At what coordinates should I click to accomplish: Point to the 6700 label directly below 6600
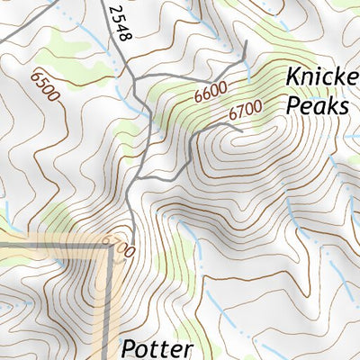tap(244, 112)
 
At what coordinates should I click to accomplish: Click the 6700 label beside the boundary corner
tap(118, 246)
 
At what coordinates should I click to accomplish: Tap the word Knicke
tap(322, 77)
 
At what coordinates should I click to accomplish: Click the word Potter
tap(158, 347)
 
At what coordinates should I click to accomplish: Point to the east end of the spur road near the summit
tap(241, 132)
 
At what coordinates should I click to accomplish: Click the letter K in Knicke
tap(293, 77)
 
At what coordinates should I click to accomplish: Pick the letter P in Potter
tap(128, 347)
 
